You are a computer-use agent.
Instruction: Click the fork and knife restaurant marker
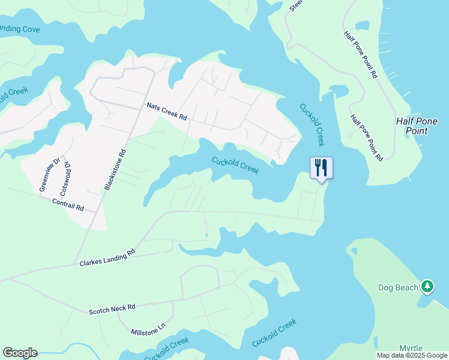click(321, 167)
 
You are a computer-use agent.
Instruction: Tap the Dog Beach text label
click(397, 287)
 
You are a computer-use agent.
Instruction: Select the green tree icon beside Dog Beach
click(427, 287)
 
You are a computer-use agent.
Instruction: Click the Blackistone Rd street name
click(116, 170)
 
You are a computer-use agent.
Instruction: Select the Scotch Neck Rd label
click(112, 309)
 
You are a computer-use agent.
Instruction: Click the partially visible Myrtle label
click(411, 348)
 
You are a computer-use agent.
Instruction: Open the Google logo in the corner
click(20, 353)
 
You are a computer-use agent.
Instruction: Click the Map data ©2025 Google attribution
click(412, 355)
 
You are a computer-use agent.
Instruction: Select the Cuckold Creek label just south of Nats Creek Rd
click(235, 165)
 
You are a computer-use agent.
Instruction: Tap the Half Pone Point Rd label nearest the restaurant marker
click(366, 138)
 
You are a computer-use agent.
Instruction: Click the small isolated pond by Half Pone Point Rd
click(363, 26)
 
